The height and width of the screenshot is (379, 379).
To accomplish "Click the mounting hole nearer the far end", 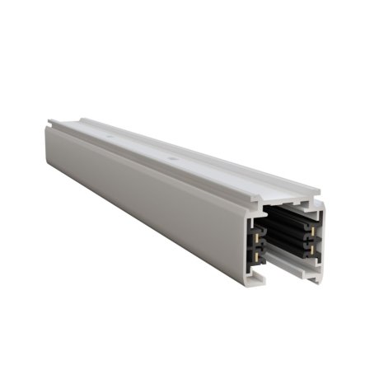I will (110, 129).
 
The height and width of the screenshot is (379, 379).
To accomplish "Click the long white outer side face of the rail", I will (148, 198).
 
